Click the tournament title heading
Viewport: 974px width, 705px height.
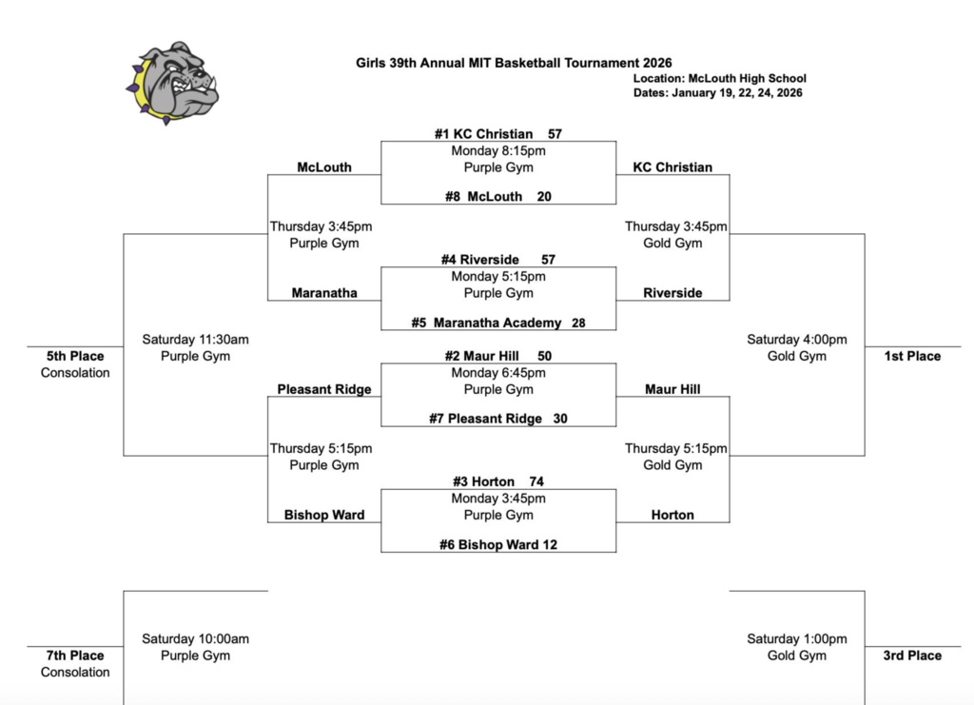click(x=514, y=63)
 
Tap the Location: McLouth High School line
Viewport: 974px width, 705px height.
click(x=719, y=79)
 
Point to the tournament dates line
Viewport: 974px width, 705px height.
click(x=717, y=93)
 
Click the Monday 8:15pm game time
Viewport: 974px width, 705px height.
click(x=498, y=150)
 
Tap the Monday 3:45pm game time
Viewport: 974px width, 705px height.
click(x=498, y=499)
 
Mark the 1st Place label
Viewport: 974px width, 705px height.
click(x=912, y=356)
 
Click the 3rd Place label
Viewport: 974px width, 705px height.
click(x=912, y=656)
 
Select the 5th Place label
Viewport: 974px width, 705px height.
click(x=75, y=356)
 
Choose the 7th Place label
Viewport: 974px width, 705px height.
click(x=75, y=656)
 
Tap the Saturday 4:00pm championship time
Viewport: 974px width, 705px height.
click(x=796, y=340)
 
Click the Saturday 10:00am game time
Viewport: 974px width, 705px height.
click(x=195, y=639)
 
